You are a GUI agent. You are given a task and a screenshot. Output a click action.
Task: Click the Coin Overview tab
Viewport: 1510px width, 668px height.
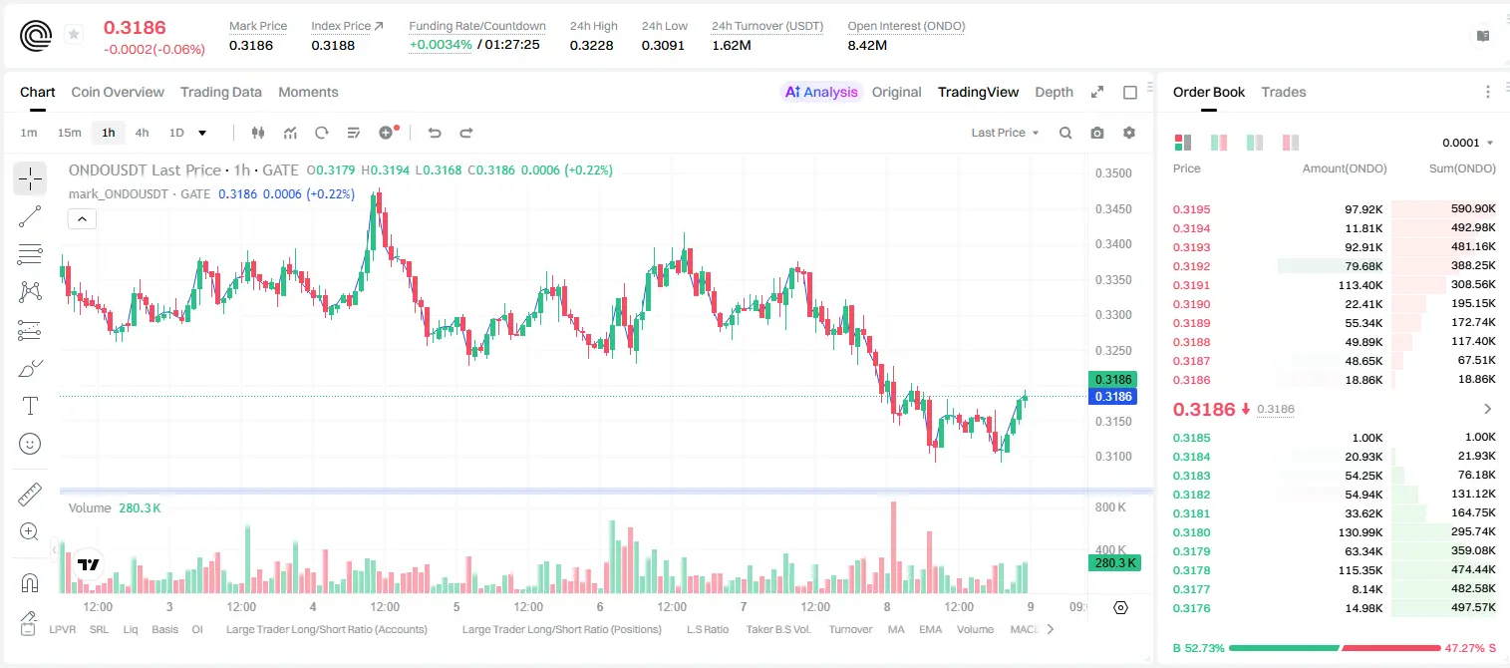click(118, 92)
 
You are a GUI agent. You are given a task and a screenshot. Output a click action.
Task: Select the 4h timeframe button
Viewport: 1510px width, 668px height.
click(142, 133)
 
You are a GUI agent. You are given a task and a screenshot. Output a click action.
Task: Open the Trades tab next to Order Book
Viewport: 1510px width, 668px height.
click(1283, 92)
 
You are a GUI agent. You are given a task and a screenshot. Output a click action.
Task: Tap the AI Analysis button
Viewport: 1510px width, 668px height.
click(821, 92)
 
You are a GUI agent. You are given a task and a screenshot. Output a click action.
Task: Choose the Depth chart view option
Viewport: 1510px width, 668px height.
click(1054, 92)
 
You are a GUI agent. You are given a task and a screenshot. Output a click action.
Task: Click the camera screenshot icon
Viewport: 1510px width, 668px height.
click(1097, 133)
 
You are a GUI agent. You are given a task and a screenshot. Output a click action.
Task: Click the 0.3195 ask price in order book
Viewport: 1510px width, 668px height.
click(1191, 209)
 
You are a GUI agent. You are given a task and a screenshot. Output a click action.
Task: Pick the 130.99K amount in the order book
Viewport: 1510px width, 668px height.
click(1359, 532)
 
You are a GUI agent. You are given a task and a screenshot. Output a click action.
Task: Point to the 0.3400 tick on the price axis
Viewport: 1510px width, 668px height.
click(1113, 244)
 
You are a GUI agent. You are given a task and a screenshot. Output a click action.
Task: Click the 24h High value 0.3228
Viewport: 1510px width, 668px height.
click(591, 45)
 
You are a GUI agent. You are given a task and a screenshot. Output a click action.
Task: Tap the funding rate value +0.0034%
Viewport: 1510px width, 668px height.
click(441, 45)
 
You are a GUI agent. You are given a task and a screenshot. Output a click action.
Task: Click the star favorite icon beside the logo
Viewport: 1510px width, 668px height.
click(74, 34)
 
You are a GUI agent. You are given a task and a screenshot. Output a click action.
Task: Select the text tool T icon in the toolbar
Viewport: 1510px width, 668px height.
click(30, 406)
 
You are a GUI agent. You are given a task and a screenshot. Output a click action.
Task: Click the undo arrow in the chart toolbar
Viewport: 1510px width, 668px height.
click(435, 133)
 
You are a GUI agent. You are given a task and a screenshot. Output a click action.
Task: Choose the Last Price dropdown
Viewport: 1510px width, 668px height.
click(1005, 133)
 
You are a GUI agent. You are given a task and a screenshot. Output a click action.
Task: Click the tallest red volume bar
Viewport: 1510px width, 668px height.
click(894, 547)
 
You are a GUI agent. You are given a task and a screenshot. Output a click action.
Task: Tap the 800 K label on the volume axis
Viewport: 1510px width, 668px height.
click(1111, 506)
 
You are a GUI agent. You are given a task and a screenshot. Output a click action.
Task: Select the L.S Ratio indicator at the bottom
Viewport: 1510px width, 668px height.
click(707, 629)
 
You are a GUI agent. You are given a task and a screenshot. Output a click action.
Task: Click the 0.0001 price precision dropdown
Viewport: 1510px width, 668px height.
click(1467, 143)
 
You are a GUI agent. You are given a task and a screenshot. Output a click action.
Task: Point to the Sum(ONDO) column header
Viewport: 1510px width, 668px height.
click(1462, 168)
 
